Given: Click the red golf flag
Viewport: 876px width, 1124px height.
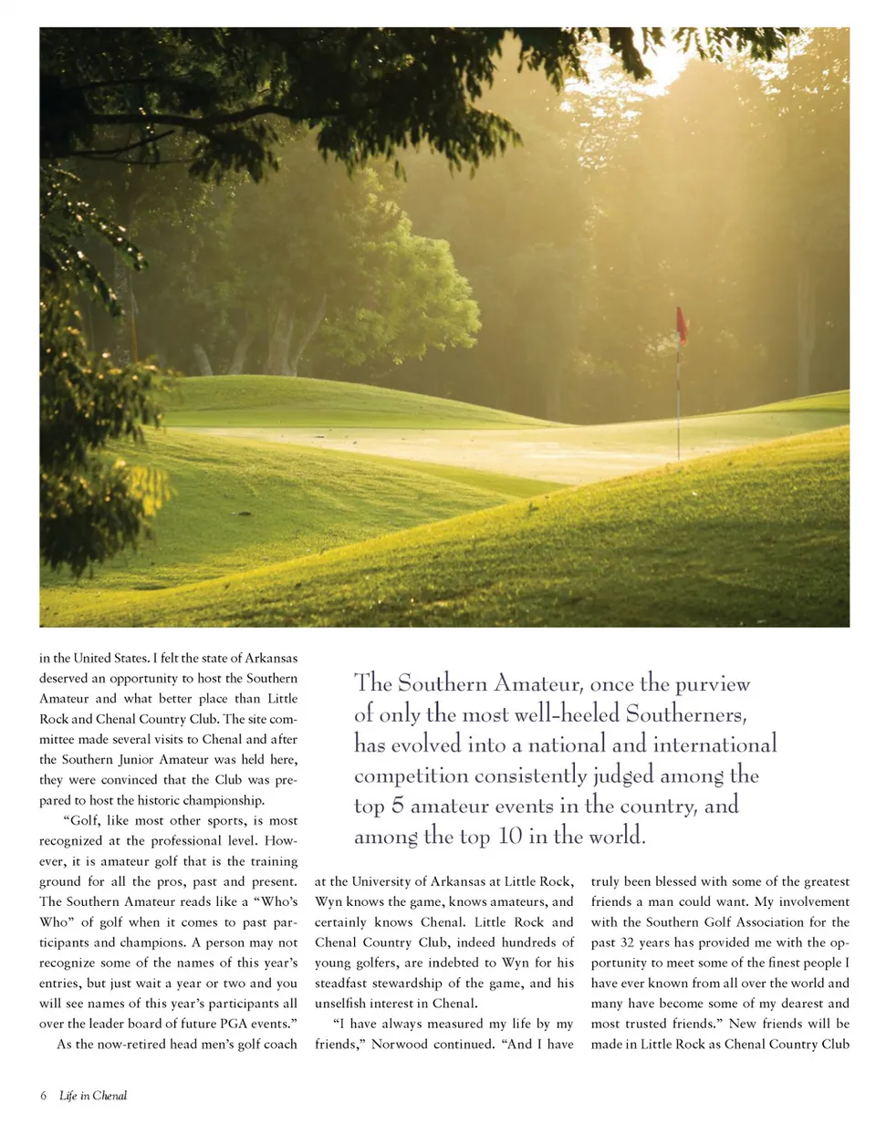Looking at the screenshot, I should [681, 326].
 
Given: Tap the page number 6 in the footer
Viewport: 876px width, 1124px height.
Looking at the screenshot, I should [43, 1095].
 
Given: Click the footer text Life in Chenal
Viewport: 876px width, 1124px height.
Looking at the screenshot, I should [93, 1095].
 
